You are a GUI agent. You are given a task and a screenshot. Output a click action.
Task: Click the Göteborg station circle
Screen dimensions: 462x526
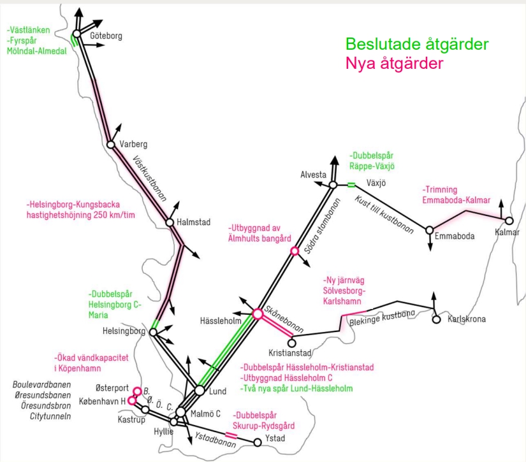pos(77,34)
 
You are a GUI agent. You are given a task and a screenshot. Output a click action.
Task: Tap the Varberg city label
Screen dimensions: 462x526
pos(133,144)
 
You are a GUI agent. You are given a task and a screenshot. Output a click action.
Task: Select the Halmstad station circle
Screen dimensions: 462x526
pos(170,222)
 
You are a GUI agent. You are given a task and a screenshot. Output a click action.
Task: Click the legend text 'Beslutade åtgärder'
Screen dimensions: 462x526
pos(417,45)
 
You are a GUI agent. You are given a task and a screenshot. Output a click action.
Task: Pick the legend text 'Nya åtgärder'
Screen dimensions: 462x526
pos(393,64)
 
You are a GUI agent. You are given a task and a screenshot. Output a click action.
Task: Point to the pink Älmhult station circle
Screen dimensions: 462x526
pos(295,251)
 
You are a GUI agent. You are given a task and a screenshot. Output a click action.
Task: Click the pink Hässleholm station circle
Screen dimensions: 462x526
pos(258,314)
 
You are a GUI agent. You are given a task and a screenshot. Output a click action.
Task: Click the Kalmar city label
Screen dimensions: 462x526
pos(508,232)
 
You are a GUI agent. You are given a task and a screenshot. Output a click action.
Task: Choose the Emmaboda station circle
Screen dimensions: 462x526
pos(430,230)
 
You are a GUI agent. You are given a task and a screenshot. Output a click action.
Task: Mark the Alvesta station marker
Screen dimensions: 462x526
pos(332,185)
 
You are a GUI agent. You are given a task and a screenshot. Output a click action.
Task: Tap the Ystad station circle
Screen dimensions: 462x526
pos(258,442)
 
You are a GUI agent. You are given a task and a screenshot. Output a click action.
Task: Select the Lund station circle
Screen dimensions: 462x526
pos(200,390)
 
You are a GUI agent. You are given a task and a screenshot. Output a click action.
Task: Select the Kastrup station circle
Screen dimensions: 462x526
pos(145,409)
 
